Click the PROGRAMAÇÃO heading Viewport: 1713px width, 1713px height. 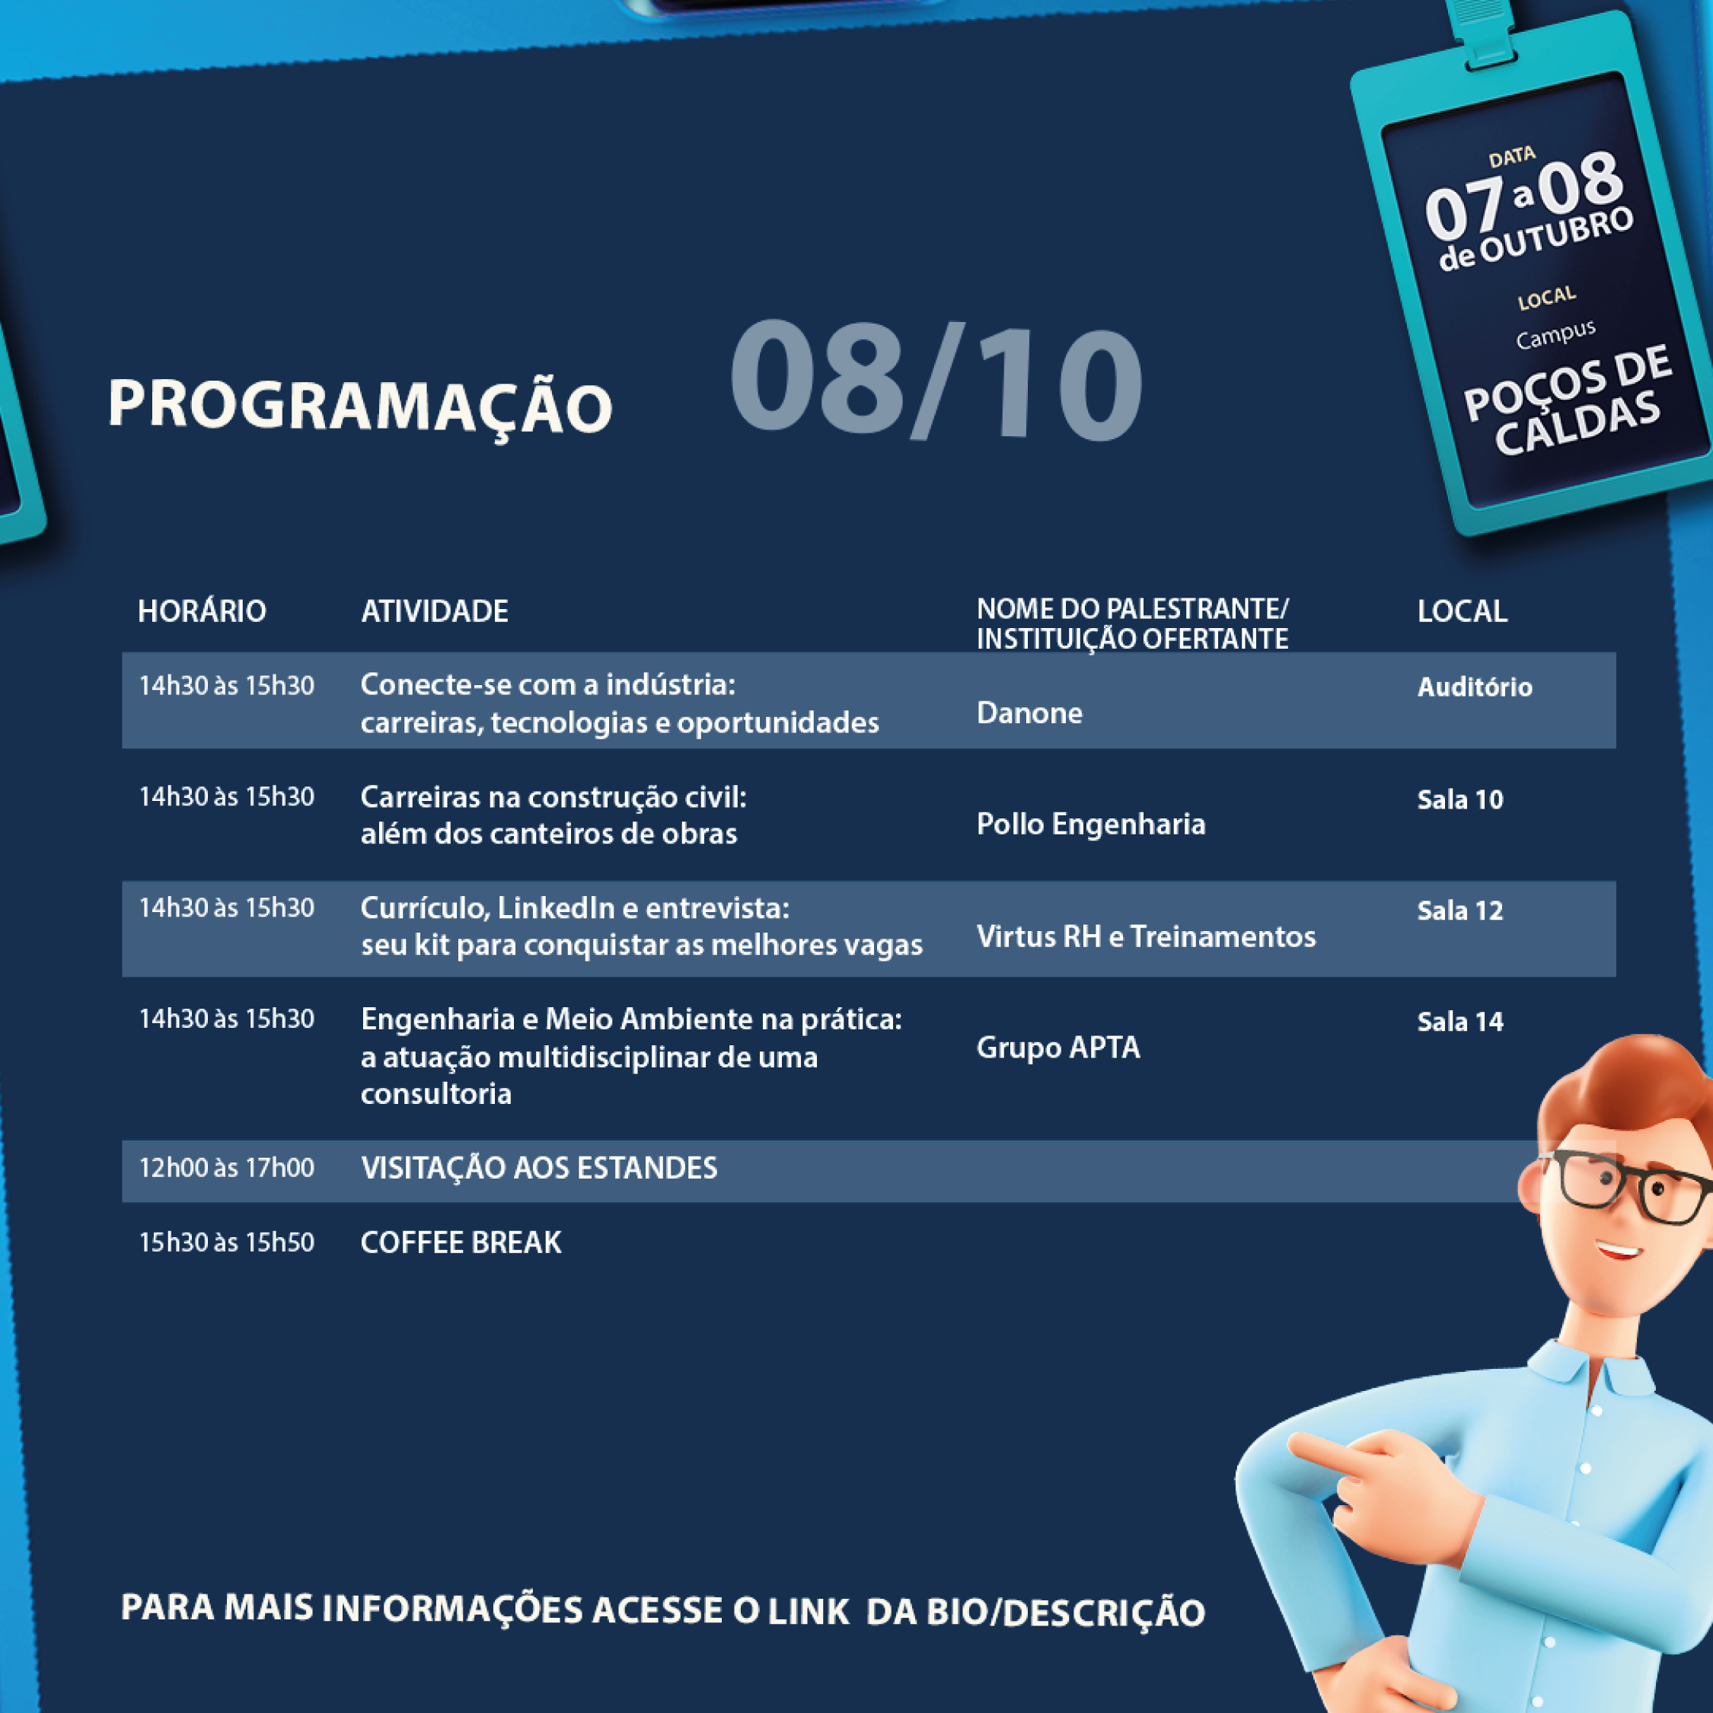point(359,405)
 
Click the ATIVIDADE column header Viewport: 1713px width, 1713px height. point(435,611)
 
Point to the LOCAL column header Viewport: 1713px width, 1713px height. point(1461,611)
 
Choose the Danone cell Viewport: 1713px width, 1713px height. point(1029,713)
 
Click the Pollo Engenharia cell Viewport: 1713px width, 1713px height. point(1089,824)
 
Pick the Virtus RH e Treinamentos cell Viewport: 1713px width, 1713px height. point(1146,936)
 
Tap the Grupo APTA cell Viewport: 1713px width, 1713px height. point(1057,1047)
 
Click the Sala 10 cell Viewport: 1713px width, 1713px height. point(1459,799)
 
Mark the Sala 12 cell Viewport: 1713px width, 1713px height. point(1459,911)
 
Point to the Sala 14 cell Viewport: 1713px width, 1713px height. point(1459,1022)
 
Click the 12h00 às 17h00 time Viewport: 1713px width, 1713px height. point(226,1168)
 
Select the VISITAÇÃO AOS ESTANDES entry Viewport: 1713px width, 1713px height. point(538,1168)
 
